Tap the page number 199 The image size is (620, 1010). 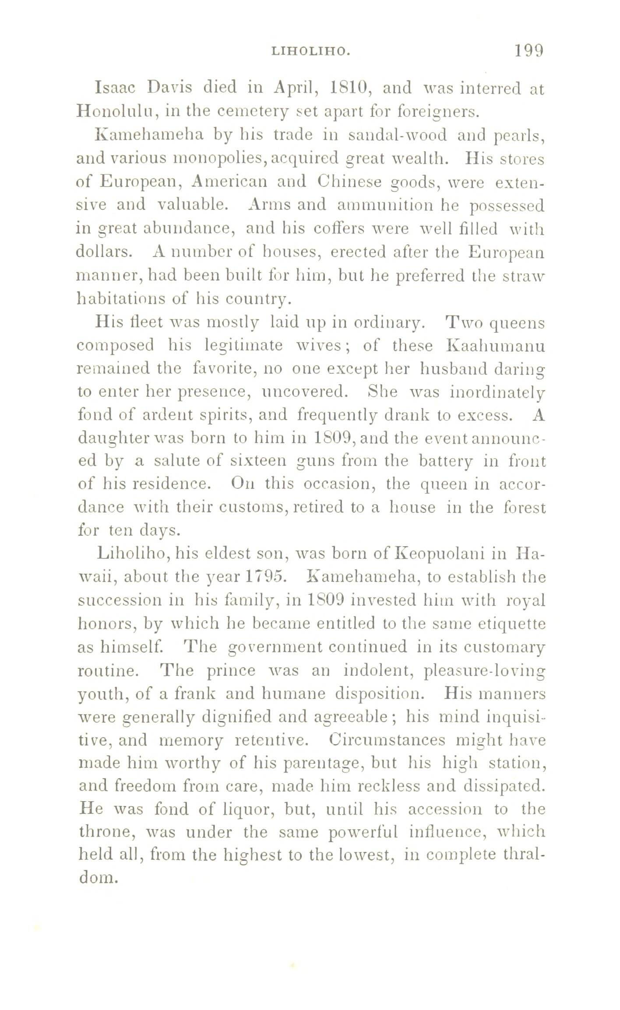(528, 50)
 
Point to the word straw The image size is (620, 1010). (527, 275)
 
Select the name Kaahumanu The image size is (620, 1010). (495, 346)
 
